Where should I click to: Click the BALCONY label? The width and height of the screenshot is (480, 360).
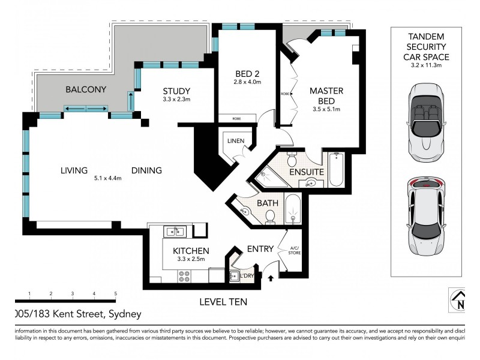86,89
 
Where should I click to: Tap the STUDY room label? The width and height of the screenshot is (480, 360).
176,91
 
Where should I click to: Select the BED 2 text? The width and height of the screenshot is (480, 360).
247,74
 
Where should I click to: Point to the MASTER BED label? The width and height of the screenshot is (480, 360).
326,96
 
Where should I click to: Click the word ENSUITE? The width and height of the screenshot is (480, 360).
307,172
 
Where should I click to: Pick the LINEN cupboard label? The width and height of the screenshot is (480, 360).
235,140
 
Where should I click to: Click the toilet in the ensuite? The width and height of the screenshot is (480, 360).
292,159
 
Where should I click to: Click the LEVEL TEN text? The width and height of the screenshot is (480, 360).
223,302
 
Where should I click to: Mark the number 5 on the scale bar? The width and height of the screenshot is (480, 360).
115,293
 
